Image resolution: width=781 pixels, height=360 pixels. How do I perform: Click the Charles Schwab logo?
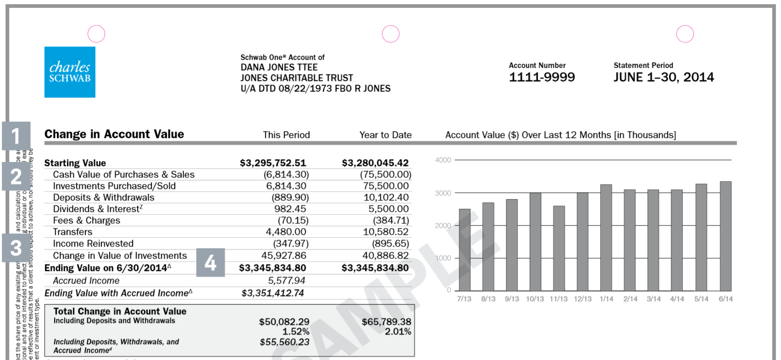pyautogui.click(x=70, y=72)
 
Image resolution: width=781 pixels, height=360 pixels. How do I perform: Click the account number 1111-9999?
pyautogui.click(x=542, y=77)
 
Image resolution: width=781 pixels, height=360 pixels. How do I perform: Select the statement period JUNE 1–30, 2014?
pyautogui.click(x=664, y=77)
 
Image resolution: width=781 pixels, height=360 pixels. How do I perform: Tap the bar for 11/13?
pyautogui.click(x=559, y=248)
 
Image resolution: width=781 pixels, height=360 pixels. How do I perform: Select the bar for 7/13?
pyautogui.click(x=464, y=250)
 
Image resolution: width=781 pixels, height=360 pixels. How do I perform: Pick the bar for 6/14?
pyautogui.click(x=726, y=236)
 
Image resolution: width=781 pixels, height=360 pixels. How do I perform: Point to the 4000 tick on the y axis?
pyautogui.click(x=443, y=160)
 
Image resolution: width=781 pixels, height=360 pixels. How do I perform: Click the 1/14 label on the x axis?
pyautogui.click(x=606, y=299)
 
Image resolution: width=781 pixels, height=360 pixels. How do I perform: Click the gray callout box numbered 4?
pyautogui.click(x=210, y=263)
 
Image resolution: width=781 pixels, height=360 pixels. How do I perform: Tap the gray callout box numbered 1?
pyautogui.click(x=16, y=136)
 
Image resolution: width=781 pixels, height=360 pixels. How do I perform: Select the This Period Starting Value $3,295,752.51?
pyautogui.click(x=273, y=163)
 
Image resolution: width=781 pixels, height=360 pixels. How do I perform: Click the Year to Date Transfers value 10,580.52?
pyautogui.click(x=385, y=232)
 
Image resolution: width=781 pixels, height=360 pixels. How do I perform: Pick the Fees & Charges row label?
pyautogui.click(x=87, y=221)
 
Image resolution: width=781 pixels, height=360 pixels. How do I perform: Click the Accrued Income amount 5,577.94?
pyautogui.click(x=286, y=281)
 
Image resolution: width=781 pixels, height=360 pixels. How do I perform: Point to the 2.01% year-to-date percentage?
pyautogui.click(x=398, y=332)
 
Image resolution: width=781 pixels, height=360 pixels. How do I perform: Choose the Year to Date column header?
pyautogui.click(x=385, y=135)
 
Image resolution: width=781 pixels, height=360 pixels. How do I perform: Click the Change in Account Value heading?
pyautogui.click(x=114, y=134)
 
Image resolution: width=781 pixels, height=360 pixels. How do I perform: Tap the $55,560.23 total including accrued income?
pyautogui.click(x=284, y=342)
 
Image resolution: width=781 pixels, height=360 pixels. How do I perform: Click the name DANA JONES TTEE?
pyautogui.click(x=279, y=67)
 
